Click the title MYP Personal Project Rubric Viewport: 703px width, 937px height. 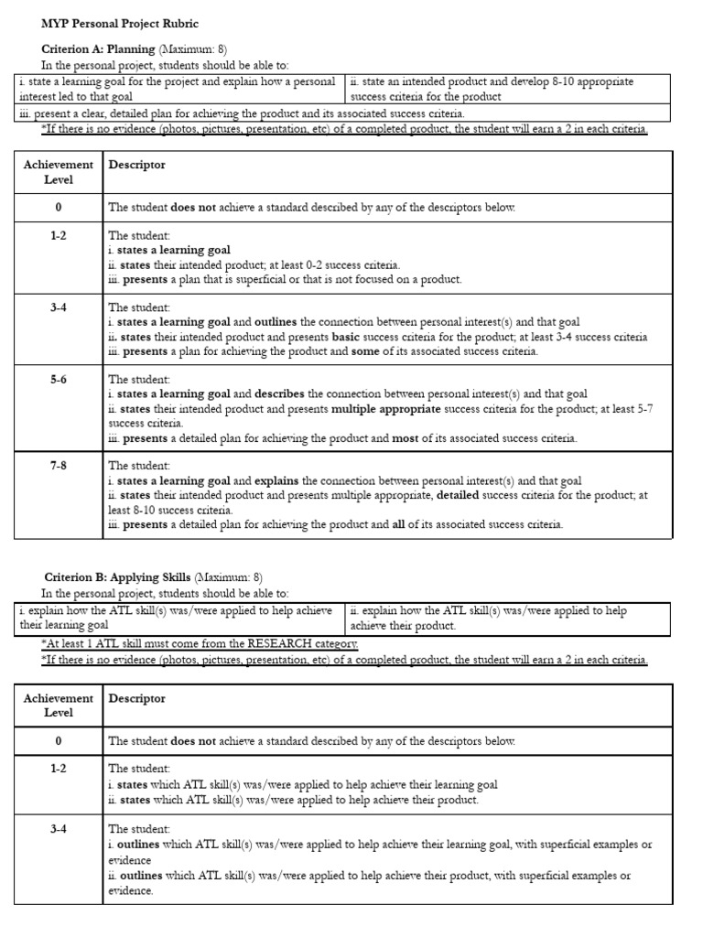[x=119, y=23]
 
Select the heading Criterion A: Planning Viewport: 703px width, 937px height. [x=99, y=48]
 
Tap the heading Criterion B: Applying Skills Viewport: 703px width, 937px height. [x=117, y=576]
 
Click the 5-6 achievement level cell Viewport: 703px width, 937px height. [x=59, y=380]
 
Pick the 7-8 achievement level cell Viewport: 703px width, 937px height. [x=59, y=466]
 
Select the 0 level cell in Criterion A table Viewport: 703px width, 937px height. [x=59, y=208]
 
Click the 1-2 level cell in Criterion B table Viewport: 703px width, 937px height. [x=59, y=769]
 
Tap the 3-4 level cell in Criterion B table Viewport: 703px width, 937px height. [x=59, y=830]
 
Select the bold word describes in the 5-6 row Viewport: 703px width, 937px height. [x=280, y=394]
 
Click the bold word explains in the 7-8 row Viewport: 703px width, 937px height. [x=277, y=480]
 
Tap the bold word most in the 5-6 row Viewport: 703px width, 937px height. [x=405, y=438]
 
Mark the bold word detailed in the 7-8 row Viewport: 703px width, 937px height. [x=462, y=495]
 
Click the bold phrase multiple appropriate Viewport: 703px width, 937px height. [x=385, y=409]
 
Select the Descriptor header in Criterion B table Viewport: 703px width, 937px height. [x=137, y=698]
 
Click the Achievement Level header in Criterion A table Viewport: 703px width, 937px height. [x=59, y=172]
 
